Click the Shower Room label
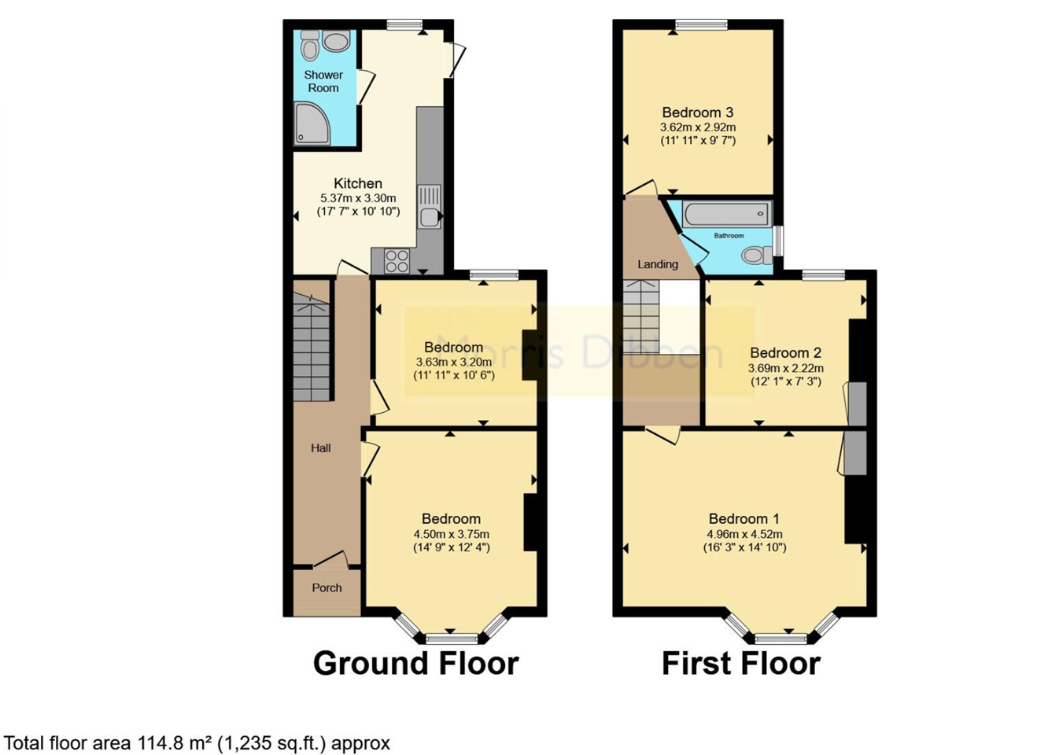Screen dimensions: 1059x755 (x=323, y=81)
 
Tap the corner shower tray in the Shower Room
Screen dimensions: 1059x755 (x=312, y=123)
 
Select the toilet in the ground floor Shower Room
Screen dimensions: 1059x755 (x=310, y=46)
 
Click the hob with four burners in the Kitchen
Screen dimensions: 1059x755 (x=397, y=261)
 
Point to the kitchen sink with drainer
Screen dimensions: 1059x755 (x=429, y=207)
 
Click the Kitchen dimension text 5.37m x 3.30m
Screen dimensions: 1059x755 (x=358, y=198)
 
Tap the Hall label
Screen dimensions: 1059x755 (x=320, y=448)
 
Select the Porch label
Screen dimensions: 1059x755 (x=327, y=587)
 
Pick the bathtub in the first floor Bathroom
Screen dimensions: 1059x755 (x=727, y=214)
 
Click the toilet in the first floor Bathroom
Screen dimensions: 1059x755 (x=757, y=256)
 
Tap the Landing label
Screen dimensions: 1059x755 (x=658, y=264)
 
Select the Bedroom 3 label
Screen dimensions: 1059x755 (x=697, y=112)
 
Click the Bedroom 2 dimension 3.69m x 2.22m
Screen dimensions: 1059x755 (x=785, y=368)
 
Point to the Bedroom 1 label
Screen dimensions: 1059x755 (x=744, y=519)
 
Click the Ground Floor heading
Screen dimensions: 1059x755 (x=415, y=663)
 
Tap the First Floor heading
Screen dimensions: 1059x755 (x=741, y=663)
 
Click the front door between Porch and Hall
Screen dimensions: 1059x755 (x=330, y=559)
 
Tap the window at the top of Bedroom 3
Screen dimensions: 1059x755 (x=701, y=24)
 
